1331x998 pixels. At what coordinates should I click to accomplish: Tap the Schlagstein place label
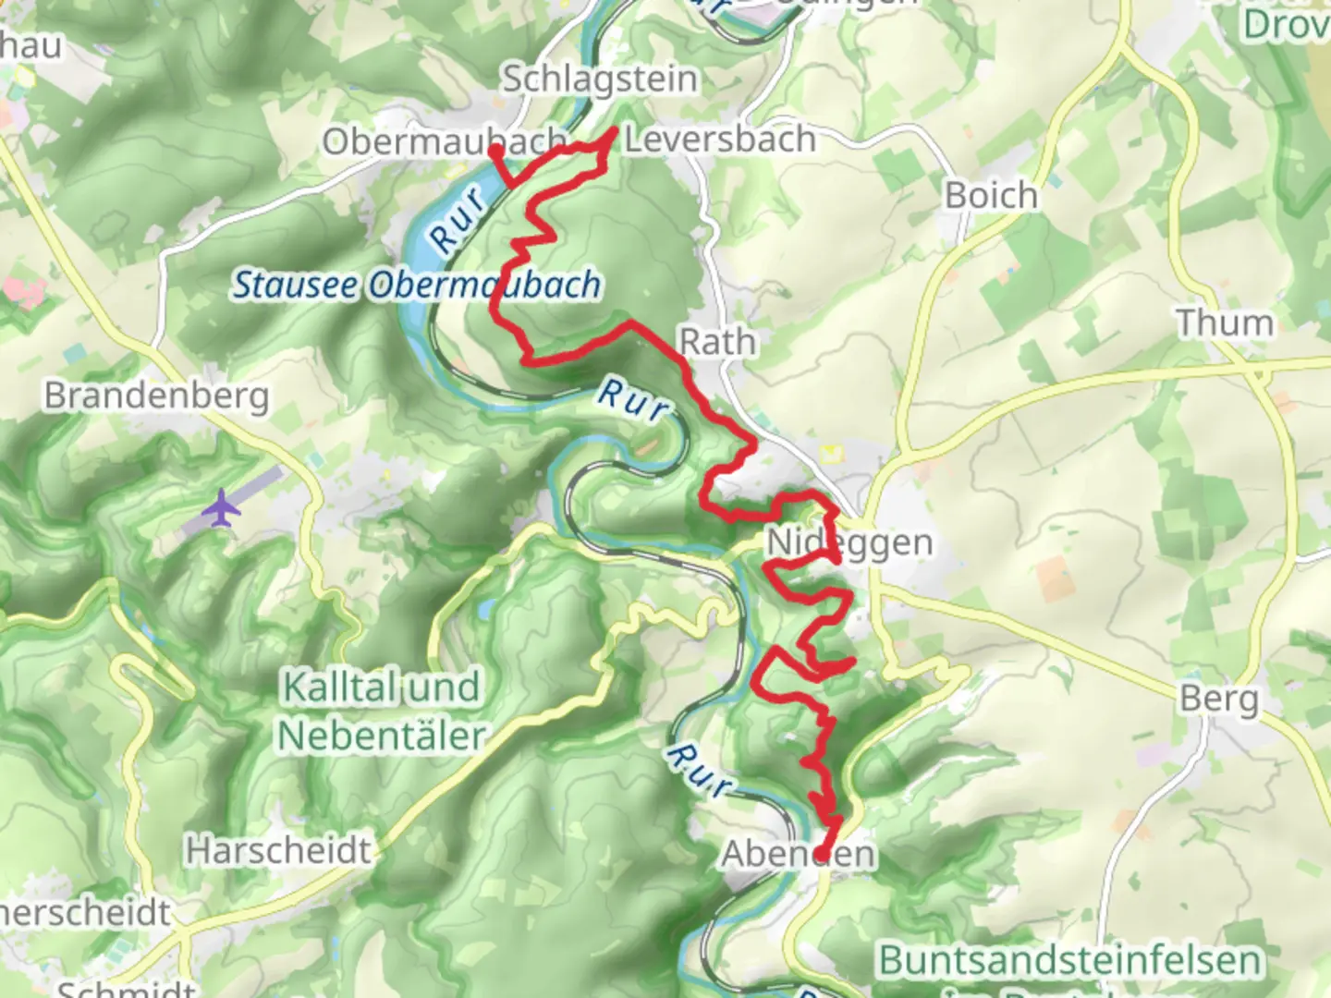(599, 79)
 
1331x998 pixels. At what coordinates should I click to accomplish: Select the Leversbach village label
(720, 140)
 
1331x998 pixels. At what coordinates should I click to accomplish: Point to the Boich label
(991, 195)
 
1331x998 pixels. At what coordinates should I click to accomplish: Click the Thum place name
(1225, 323)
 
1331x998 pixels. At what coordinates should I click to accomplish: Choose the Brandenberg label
(157, 396)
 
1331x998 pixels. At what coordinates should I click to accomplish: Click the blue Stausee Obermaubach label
(416, 285)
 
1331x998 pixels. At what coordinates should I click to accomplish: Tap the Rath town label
(718, 342)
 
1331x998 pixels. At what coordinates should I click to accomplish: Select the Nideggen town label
(849, 542)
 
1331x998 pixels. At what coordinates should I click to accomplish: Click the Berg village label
(1218, 699)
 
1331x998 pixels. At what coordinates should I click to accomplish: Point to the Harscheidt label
(278, 850)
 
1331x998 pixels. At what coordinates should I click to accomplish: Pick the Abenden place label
(798, 854)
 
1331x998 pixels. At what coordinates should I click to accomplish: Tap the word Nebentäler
(382, 736)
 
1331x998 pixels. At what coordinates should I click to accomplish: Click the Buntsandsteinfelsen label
(1069, 960)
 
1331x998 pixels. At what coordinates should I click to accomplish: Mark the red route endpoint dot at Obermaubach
(495, 151)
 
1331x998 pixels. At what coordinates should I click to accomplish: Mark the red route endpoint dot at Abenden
(820, 852)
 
